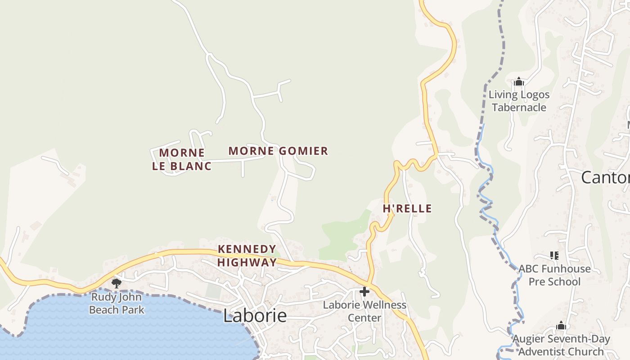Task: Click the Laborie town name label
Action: [255, 316]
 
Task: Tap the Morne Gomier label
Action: [278, 151]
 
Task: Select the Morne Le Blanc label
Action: [182, 159]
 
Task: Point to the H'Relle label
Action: [407, 209]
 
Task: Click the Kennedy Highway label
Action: [247, 256]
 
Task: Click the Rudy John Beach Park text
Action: [117, 303]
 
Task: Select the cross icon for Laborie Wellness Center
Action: [364, 292]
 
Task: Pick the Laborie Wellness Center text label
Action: [364, 311]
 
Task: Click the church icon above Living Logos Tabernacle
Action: [519, 82]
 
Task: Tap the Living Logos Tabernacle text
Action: [519, 101]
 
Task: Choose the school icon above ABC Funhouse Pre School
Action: [554, 256]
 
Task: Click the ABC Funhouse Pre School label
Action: [554, 275]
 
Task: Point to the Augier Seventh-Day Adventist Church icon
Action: [561, 326]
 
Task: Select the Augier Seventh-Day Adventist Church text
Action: [562, 345]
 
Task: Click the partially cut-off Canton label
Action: [605, 178]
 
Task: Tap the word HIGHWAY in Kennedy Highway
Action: [247, 262]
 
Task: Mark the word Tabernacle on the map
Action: [519, 108]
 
